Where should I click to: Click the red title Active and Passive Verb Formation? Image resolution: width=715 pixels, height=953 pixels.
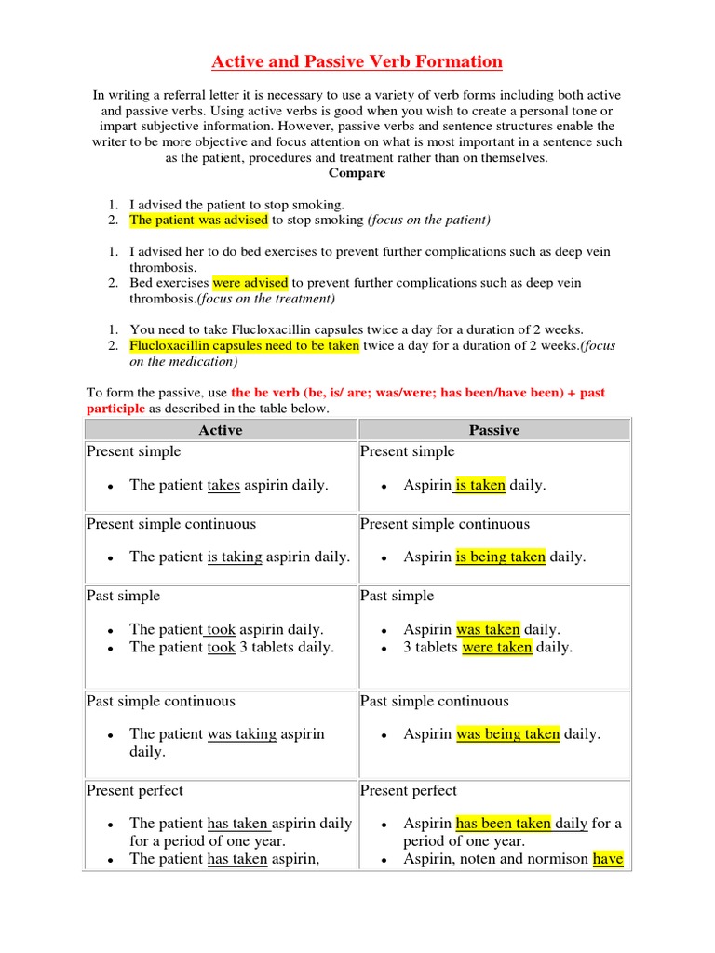tap(357, 62)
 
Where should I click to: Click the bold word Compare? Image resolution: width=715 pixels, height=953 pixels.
tap(357, 173)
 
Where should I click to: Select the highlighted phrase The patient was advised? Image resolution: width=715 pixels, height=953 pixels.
tap(198, 221)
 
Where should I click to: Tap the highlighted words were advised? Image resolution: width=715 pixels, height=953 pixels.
tap(250, 283)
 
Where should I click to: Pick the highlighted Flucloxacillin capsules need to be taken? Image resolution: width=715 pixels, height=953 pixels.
tap(245, 345)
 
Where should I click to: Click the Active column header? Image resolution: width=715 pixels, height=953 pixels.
tap(221, 430)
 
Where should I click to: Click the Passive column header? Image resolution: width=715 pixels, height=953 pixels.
tap(493, 430)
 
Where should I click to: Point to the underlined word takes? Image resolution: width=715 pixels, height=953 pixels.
tap(223, 485)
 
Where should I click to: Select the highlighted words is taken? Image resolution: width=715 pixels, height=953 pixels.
tap(480, 485)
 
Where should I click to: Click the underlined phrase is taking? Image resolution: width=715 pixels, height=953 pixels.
tap(235, 557)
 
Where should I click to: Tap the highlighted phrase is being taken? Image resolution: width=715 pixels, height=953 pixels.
tap(501, 557)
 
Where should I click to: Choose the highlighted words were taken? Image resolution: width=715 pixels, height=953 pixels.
tap(497, 647)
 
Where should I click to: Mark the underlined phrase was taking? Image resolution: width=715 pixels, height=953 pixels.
tap(242, 733)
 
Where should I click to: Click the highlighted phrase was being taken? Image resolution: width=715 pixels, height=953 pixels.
tap(508, 733)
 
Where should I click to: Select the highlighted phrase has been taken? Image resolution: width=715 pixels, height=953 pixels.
tap(504, 823)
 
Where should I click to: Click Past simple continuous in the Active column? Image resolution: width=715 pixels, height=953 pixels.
tap(161, 701)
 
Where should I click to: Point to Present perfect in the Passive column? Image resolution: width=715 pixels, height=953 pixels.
tap(409, 790)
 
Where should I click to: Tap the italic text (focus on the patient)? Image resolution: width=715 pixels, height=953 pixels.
tap(429, 221)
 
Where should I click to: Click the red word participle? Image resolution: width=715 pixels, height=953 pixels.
tap(115, 409)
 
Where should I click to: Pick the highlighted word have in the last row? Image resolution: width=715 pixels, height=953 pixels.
tap(608, 859)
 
